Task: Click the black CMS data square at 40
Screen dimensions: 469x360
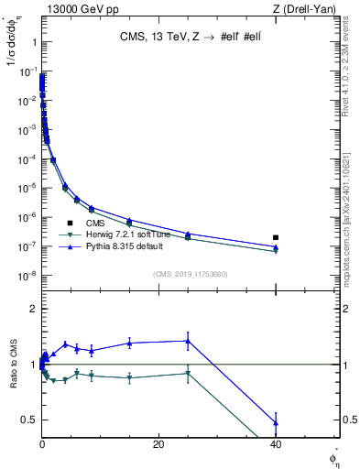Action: [276, 238]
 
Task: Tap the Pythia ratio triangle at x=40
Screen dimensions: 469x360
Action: [276, 422]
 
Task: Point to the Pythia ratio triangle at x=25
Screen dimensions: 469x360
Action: [188, 341]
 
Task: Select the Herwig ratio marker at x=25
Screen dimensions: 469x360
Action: [188, 374]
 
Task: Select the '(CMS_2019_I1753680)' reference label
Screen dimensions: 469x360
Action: [190, 273]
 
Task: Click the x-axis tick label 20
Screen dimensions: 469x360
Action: [158, 444]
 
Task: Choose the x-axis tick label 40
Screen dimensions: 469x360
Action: [276, 444]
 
